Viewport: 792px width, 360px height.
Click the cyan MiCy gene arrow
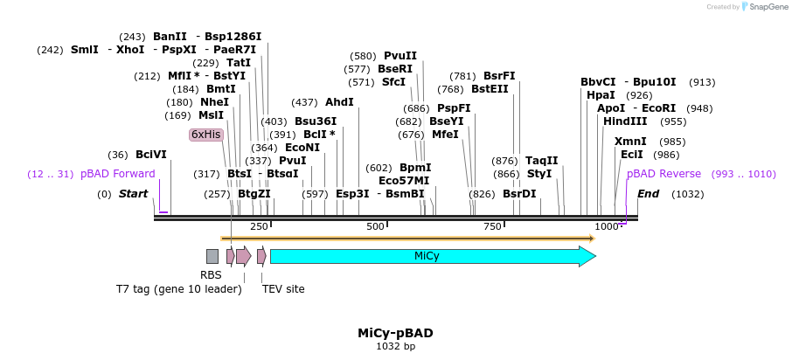click(428, 256)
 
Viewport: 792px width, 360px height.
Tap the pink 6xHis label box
click(206, 135)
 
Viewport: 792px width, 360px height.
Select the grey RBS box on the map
click(212, 256)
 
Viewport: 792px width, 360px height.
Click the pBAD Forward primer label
click(117, 174)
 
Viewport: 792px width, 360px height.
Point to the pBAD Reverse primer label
click(663, 174)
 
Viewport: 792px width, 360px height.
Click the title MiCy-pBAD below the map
click(395, 333)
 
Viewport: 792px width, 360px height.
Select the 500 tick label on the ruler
click(375, 227)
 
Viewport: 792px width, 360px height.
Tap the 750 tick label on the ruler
click(492, 227)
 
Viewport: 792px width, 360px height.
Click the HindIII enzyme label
click(625, 121)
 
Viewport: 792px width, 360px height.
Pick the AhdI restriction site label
click(339, 102)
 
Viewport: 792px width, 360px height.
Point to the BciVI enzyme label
click(150, 155)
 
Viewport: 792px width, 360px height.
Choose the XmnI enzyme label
click(630, 142)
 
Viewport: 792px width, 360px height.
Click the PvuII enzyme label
click(400, 56)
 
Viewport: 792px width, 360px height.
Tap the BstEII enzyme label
click(490, 89)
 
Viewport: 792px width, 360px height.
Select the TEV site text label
click(283, 288)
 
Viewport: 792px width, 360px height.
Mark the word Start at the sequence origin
click(133, 194)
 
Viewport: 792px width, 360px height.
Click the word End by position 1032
click(648, 194)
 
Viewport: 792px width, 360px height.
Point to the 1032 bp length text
click(395, 347)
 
